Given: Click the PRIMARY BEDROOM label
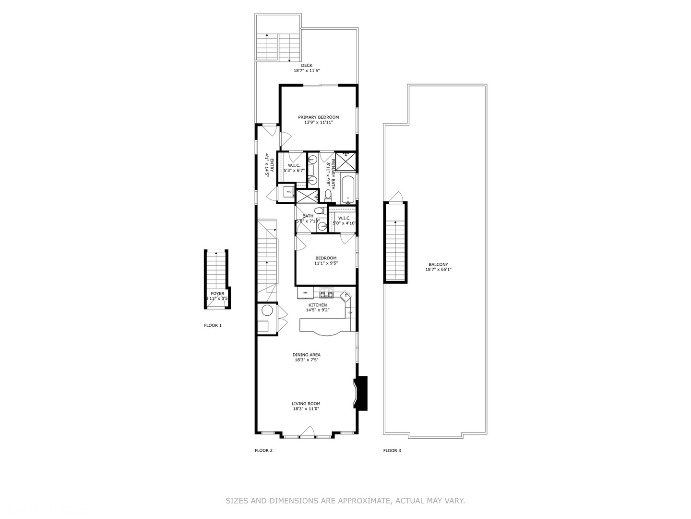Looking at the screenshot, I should point(318,117).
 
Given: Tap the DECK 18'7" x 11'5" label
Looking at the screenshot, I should point(307,68).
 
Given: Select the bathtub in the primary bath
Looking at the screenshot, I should point(348,189).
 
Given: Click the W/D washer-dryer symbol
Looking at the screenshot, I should point(289,192).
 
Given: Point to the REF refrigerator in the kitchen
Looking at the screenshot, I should point(305,292).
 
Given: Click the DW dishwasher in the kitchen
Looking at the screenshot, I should point(350,313).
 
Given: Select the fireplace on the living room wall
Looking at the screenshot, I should point(361,393).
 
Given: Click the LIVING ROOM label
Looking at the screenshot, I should point(306,404).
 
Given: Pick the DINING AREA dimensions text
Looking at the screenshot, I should point(307,360).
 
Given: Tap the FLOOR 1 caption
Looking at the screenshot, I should point(213,325).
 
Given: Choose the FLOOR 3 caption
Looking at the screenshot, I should point(392,450).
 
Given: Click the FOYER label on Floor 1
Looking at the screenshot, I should point(217,293).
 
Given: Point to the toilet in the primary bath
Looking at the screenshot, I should point(328,194).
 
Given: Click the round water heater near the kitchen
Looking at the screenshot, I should point(267,310).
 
